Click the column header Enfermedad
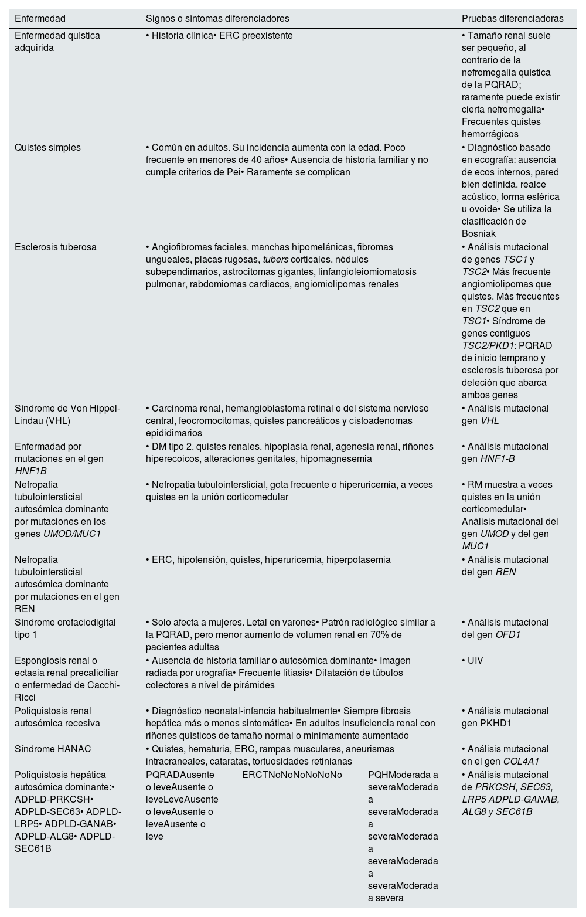click(x=40, y=19)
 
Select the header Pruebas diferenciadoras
click(x=512, y=19)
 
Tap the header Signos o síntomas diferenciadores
click(x=217, y=19)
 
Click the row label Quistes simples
click(x=47, y=148)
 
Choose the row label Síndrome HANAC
click(x=53, y=749)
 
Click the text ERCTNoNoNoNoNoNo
click(x=292, y=775)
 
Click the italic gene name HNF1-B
click(x=498, y=459)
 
